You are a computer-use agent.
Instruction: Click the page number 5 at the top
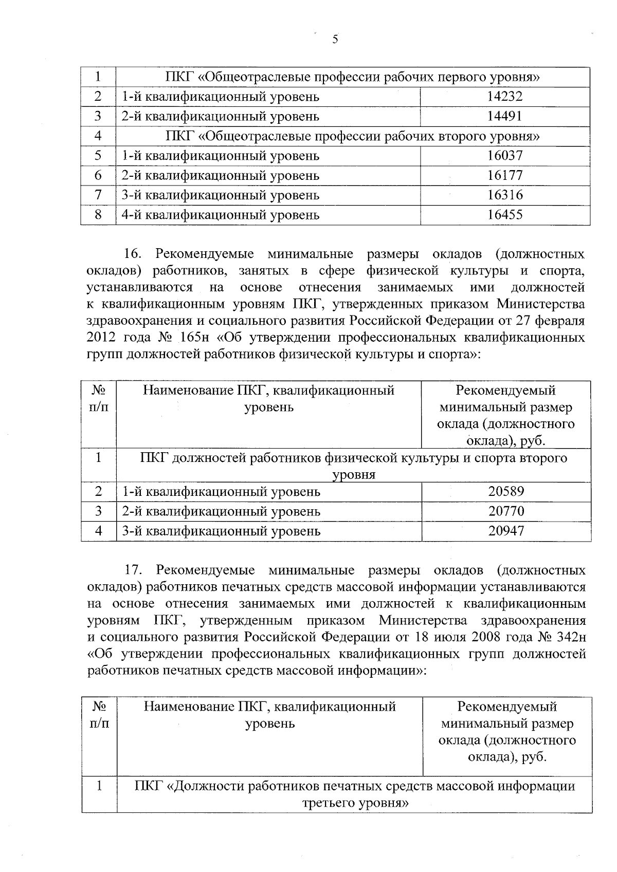[335, 40]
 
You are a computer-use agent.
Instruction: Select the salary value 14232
[504, 97]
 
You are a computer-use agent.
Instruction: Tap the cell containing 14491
[504, 117]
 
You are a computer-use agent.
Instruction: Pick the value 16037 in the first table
[504, 156]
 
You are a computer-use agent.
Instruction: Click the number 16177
[504, 176]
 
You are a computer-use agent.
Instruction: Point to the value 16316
[504, 195]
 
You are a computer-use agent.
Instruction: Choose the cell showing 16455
[504, 215]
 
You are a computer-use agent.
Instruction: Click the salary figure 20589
[506, 492]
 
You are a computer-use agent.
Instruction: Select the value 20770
[506, 511]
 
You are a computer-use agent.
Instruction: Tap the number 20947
[506, 531]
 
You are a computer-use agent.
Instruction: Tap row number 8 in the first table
[98, 215]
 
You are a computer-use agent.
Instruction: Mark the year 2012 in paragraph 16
[102, 338]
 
